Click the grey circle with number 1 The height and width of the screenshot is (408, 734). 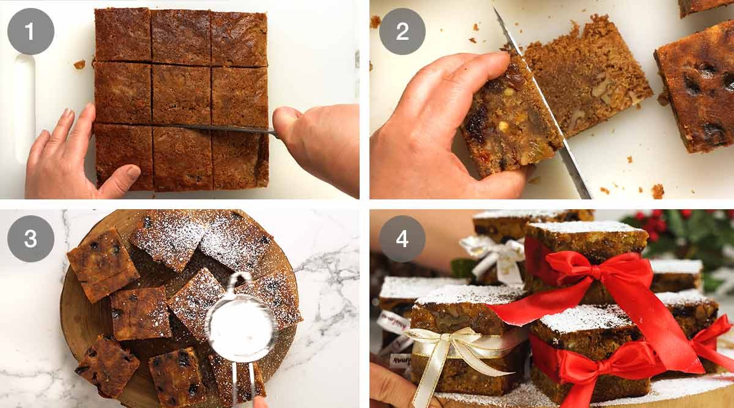31,31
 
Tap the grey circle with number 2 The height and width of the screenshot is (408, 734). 402,31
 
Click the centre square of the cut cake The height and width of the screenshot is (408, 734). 181,95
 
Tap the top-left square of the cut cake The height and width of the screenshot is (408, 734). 122,34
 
